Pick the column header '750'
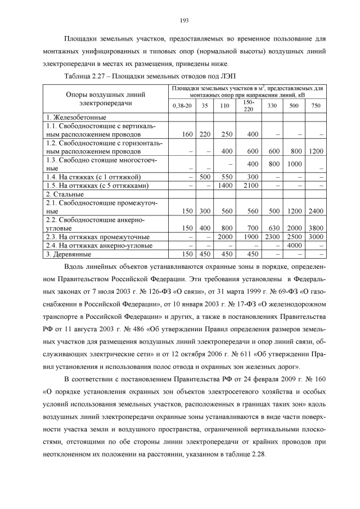[x=316, y=106]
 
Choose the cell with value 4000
[x=294, y=245]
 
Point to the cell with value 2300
[x=273, y=237]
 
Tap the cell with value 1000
[x=294, y=164]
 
